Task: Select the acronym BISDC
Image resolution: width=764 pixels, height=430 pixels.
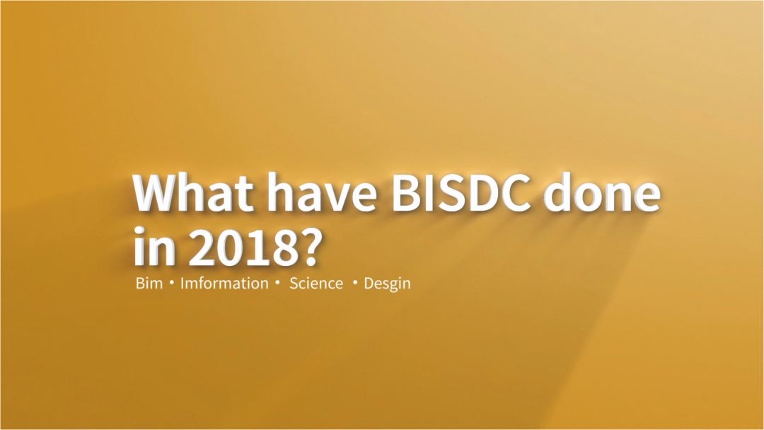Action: pyautogui.click(x=463, y=192)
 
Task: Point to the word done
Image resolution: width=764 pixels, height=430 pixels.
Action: pyautogui.click(x=601, y=192)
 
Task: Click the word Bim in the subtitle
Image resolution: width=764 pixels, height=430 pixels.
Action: pyautogui.click(x=149, y=284)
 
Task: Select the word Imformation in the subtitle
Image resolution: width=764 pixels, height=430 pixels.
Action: pyautogui.click(x=224, y=284)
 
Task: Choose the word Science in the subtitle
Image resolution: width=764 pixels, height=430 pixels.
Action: pyautogui.click(x=316, y=284)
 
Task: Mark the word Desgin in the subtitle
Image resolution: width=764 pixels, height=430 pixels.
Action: pyautogui.click(x=387, y=284)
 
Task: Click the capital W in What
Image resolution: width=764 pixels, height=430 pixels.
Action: pyautogui.click(x=157, y=192)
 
